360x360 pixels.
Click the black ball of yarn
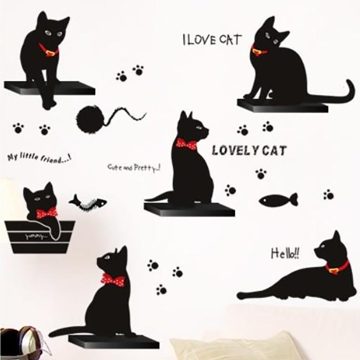point(91,119)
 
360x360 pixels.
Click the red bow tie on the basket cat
point(47,212)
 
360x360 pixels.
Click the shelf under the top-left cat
point(49,87)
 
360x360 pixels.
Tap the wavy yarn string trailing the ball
point(127,114)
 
